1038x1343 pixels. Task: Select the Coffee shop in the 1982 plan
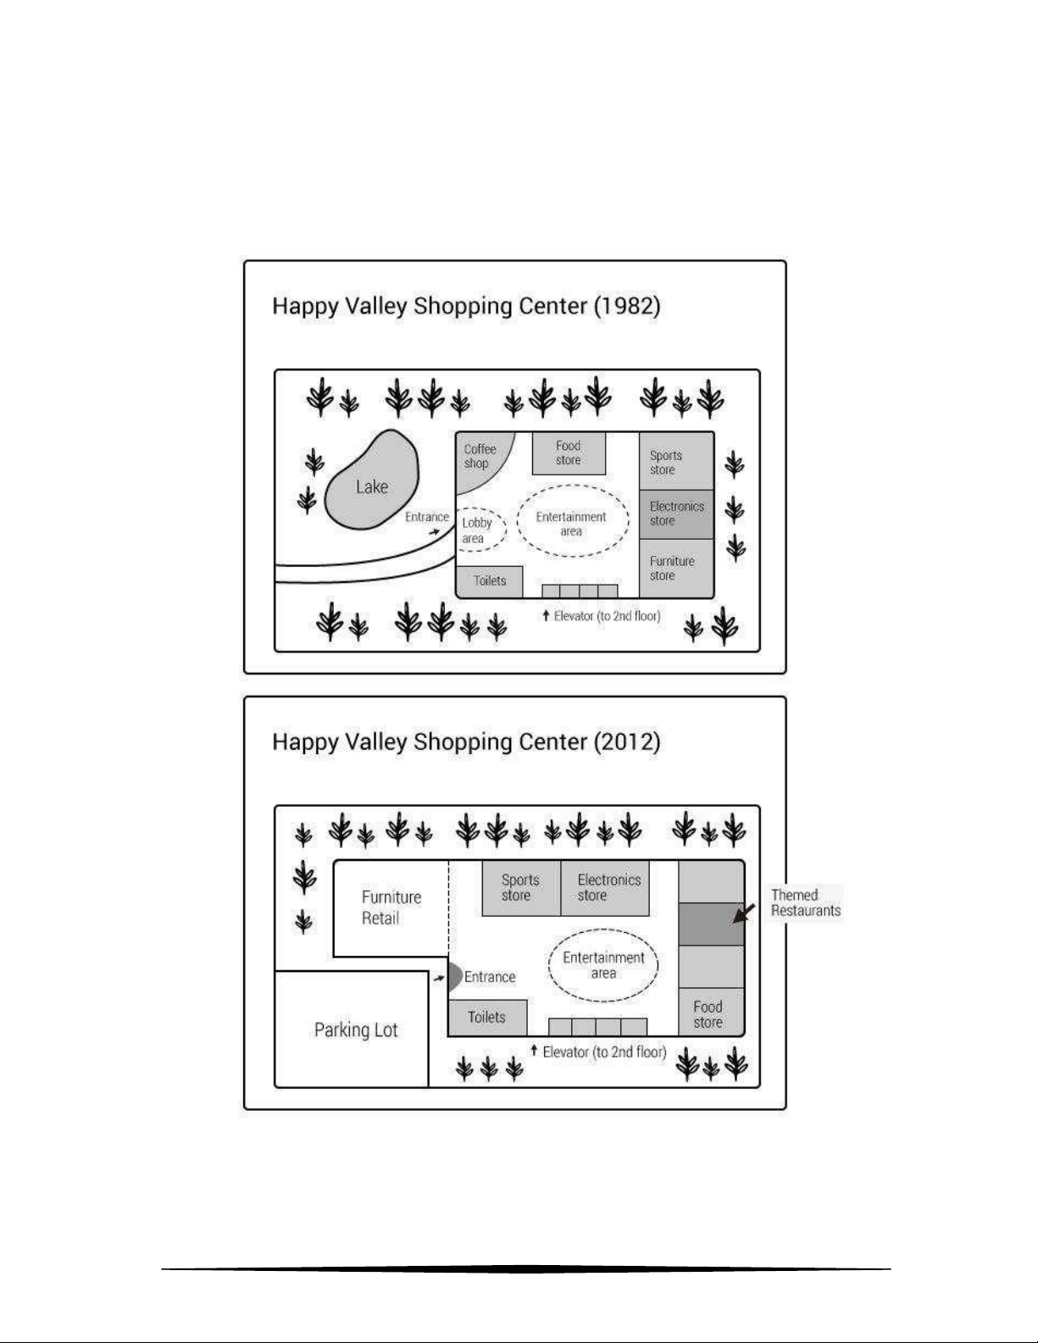pyautogui.click(x=480, y=458)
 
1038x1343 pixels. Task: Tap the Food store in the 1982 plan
pyautogui.click(x=569, y=453)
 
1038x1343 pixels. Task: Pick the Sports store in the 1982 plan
pyautogui.click(x=675, y=462)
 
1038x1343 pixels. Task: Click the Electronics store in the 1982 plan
pyautogui.click(x=675, y=513)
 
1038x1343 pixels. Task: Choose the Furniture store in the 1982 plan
pyautogui.click(x=675, y=568)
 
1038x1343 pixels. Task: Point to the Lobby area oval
pyautogui.click(x=480, y=530)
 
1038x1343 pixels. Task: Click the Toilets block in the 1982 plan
pyautogui.click(x=489, y=581)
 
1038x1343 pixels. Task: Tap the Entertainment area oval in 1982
pyautogui.click(x=572, y=522)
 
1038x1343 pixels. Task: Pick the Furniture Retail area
pyautogui.click(x=391, y=907)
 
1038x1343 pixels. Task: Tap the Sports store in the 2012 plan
pyautogui.click(x=520, y=888)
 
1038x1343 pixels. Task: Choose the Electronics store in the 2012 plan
pyautogui.click(x=606, y=888)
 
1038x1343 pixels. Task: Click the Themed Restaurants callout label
pyautogui.click(x=805, y=903)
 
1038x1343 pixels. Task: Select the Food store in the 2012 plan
pyautogui.click(x=710, y=1013)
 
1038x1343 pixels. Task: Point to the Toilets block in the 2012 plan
pyautogui.click(x=487, y=1018)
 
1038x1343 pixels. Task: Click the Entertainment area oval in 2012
pyautogui.click(x=603, y=966)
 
